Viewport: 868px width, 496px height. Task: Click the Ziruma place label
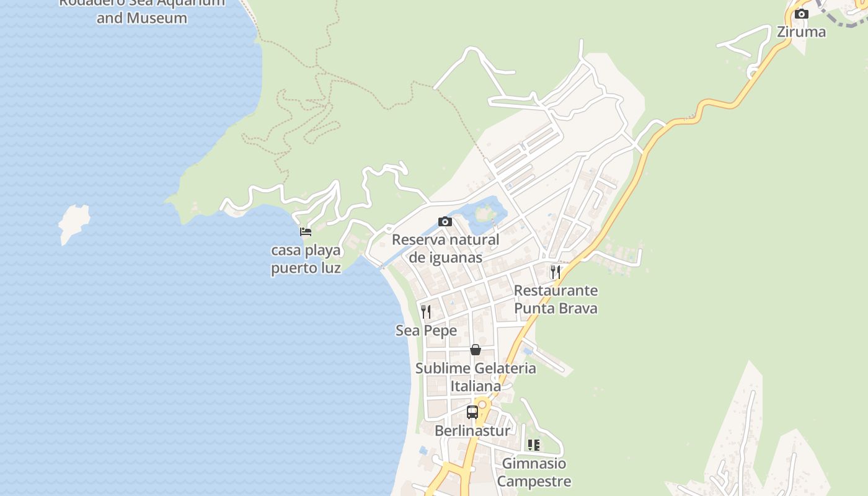[x=801, y=32]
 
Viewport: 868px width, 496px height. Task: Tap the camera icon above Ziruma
[x=802, y=14]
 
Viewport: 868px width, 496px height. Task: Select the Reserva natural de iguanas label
[x=445, y=249]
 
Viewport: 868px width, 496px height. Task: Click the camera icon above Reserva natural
[x=445, y=221]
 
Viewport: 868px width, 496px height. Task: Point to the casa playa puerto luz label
[x=306, y=259]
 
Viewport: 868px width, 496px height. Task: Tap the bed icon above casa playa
[x=305, y=232]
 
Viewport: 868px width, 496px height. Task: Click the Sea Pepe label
[x=426, y=330]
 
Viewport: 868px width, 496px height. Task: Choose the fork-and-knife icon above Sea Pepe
[x=426, y=311]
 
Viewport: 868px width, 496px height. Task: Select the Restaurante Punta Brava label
[x=556, y=299]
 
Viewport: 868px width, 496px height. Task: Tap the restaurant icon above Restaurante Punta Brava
[x=555, y=272]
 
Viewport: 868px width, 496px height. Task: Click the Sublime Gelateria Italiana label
[x=476, y=377]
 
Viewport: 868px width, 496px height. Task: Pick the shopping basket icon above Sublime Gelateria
[x=476, y=350]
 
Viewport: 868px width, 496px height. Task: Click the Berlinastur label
[x=472, y=431]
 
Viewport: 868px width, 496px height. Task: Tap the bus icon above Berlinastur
[x=472, y=412]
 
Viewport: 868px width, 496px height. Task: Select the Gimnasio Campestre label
[x=534, y=472]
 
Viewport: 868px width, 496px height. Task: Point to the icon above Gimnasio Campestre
[x=533, y=445]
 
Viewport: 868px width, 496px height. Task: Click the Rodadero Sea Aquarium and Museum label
[x=142, y=9]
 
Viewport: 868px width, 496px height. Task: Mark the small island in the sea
[x=74, y=223]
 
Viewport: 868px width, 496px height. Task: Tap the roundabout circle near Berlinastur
[x=482, y=404]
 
